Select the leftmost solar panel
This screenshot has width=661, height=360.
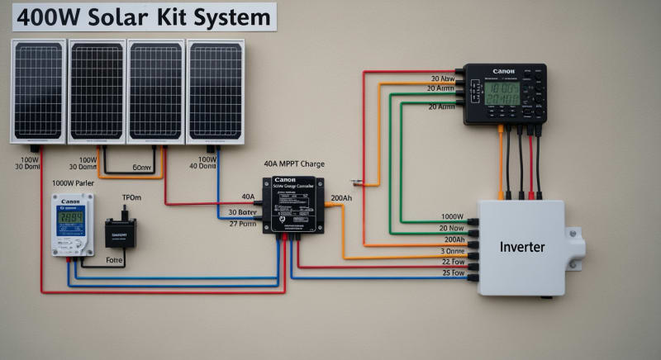click(38, 90)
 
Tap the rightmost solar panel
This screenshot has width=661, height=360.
click(216, 90)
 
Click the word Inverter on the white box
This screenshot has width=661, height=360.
click(522, 247)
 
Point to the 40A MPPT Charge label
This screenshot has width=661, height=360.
click(294, 163)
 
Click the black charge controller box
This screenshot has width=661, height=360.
click(293, 205)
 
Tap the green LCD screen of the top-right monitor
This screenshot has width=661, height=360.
click(502, 93)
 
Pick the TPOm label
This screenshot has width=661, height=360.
click(132, 199)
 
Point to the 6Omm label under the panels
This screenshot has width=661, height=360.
click(142, 168)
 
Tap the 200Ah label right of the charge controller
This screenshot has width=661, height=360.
click(341, 198)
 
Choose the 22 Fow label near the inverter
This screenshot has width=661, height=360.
click(452, 262)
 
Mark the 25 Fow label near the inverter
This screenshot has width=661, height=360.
click(452, 272)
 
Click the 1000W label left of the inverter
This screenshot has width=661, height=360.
click(452, 217)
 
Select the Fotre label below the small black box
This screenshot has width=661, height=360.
click(115, 259)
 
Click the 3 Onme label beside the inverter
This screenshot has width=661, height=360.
click(452, 250)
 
